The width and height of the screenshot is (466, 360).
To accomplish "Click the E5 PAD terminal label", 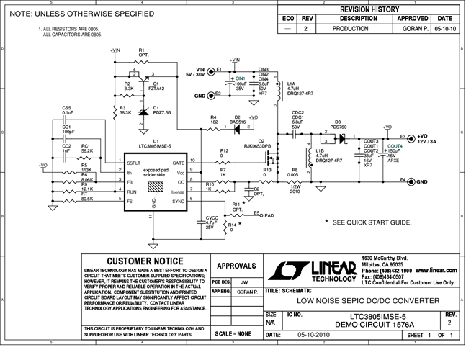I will [264, 215].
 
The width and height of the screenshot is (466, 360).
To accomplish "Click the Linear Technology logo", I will [313, 270].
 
